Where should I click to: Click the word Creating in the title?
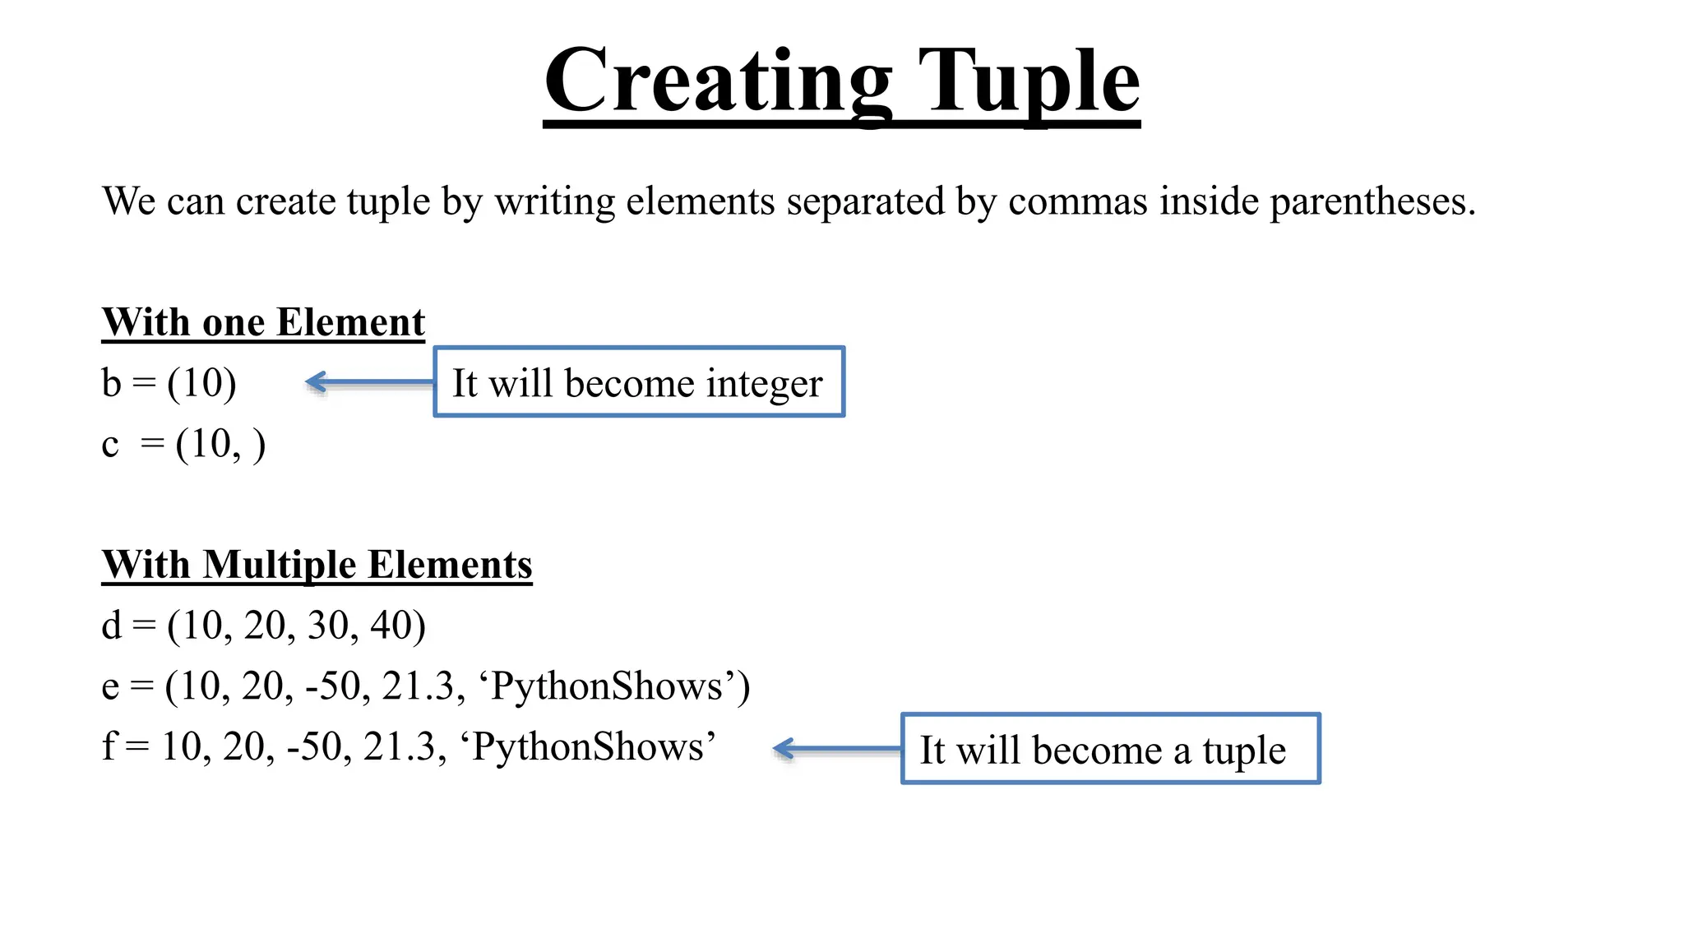pyautogui.click(x=718, y=82)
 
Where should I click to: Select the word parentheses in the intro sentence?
pyautogui.click(x=1372, y=202)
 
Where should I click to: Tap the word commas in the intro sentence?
pyautogui.click(x=1078, y=202)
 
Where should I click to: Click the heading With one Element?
pyautogui.click(x=263, y=322)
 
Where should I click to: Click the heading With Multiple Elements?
pyautogui.click(x=317, y=565)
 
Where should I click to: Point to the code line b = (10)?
pyautogui.click(x=169, y=383)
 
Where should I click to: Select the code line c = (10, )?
pyautogui.click(x=183, y=445)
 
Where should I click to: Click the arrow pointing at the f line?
pyautogui.click(x=837, y=749)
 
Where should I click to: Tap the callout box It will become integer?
pyautogui.click(x=639, y=382)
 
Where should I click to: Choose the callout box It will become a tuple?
pyautogui.click(x=1110, y=749)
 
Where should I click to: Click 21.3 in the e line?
pyautogui.click(x=418, y=686)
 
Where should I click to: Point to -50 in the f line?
pyautogui.click(x=315, y=747)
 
